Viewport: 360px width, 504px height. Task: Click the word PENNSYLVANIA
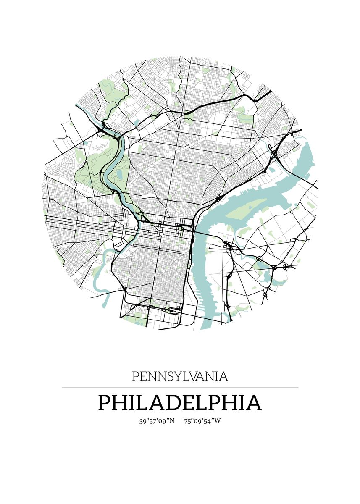pyautogui.click(x=180, y=376)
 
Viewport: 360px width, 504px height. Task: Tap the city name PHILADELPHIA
pyautogui.click(x=180, y=403)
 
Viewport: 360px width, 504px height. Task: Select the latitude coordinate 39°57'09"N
pyautogui.click(x=157, y=421)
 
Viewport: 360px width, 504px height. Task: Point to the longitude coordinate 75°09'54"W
pyautogui.click(x=202, y=421)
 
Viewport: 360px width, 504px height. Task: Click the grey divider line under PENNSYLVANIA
pyautogui.click(x=180, y=388)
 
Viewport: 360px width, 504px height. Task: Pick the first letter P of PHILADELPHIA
pyautogui.click(x=105, y=403)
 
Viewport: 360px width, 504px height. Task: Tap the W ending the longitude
pyautogui.click(x=217, y=421)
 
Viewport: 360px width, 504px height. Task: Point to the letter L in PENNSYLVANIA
pyautogui.click(x=187, y=376)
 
